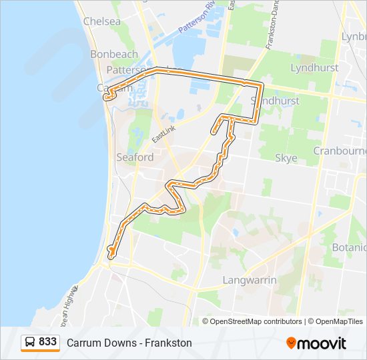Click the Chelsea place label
point(101,21)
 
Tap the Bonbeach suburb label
point(114,54)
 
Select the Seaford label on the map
point(135,157)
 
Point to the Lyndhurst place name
point(314,67)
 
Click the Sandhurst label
point(272,100)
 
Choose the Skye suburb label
point(286,158)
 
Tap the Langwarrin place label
point(250,280)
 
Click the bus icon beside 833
point(31,342)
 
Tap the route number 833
point(48,342)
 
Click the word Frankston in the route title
point(169,343)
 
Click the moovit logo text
point(323,343)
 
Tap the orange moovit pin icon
point(292,343)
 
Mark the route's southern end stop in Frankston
point(111,251)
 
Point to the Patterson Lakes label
point(127,69)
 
